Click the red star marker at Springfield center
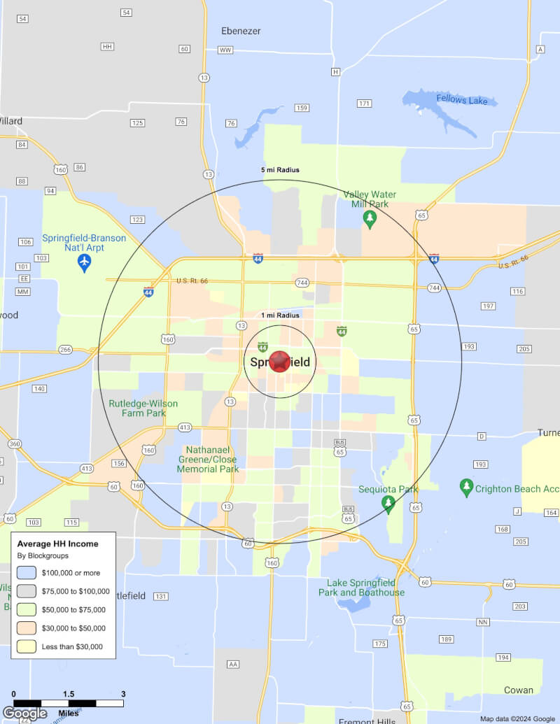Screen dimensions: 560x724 click(x=279, y=362)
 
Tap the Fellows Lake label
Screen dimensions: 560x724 click(x=461, y=100)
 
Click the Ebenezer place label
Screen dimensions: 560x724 click(x=241, y=31)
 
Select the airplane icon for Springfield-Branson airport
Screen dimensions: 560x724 click(x=84, y=263)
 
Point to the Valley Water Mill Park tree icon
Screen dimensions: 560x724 click(x=370, y=220)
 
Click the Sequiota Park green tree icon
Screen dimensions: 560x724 click(x=388, y=504)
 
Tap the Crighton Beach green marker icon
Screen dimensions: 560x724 click(x=465, y=485)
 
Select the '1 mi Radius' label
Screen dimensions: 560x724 click(x=280, y=315)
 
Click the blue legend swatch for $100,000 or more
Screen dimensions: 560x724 click(x=27, y=573)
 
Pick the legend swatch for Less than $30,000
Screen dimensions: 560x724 click(x=27, y=646)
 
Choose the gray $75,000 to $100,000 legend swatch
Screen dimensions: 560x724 click(x=27, y=591)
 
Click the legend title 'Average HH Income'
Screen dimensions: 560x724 click(x=57, y=544)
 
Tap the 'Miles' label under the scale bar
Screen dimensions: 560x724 click(x=69, y=713)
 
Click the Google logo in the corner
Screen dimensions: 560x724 click(x=24, y=714)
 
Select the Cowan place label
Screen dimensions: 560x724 click(x=519, y=690)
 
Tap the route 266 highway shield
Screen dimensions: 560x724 click(x=65, y=350)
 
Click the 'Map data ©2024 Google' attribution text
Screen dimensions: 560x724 click(x=517, y=718)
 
